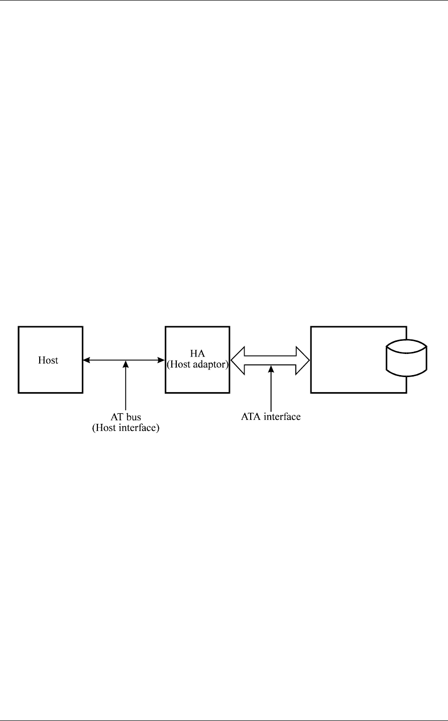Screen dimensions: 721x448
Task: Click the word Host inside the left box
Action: point(48,360)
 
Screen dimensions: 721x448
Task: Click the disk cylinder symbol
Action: point(406,357)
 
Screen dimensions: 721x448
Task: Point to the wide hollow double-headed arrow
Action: point(270,360)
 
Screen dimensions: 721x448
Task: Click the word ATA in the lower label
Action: point(250,416)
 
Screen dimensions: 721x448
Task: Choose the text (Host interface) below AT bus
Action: point(125,429)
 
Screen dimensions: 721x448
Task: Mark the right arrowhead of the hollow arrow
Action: point(303,360)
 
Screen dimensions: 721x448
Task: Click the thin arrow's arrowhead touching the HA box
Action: point(162,359)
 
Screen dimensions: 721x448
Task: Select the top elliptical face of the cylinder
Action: point(406,347)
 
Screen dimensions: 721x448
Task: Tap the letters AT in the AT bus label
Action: point(117,418)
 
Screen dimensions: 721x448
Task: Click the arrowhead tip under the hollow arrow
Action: point(271,367)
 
